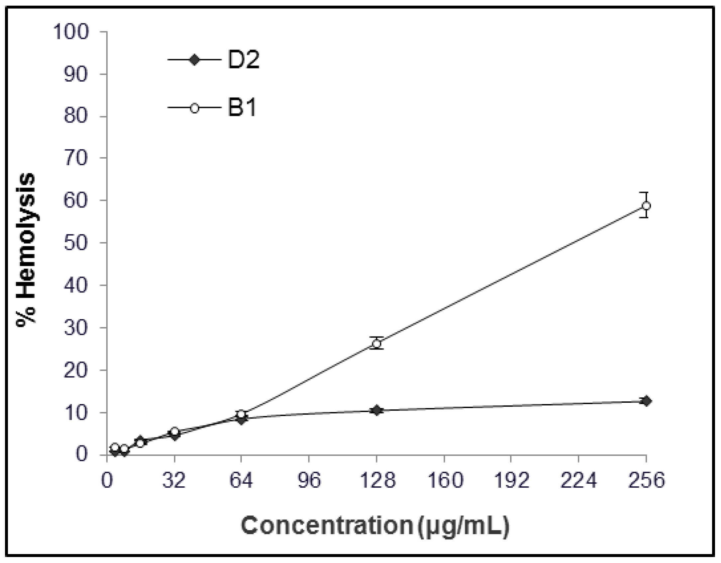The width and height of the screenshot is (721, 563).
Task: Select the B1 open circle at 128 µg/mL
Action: [x=376, y=344]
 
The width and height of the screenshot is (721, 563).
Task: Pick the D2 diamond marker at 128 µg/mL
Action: [x=376, y=410]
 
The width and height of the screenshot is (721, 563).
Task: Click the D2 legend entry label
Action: [x=243, y=60]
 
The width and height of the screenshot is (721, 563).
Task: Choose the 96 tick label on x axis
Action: [x=309, y=481]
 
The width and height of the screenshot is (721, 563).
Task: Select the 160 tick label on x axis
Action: [x=444, y=481]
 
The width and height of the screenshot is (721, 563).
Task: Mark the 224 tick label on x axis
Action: [x=578, y=481]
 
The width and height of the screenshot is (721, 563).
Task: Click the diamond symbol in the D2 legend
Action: [x=194, y=60]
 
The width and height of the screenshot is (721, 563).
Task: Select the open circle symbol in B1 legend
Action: [x=194, y=108]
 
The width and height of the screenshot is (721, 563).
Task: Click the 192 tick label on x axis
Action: [x=510, y=481]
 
